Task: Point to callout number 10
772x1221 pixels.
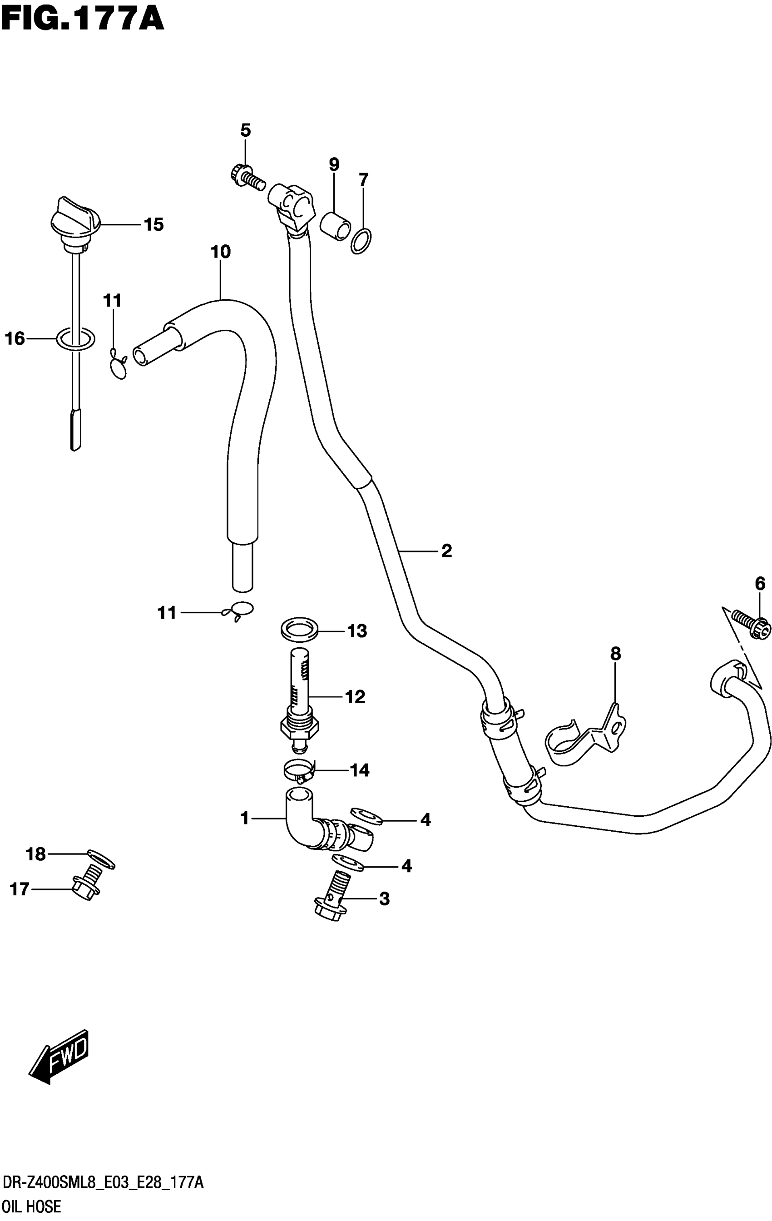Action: click(x=221, y=252)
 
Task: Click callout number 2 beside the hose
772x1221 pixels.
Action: click(x=446, y=550)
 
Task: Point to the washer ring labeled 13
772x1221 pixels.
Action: click(x=300, y=630)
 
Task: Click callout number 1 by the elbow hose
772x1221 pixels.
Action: click(x=245, y=818)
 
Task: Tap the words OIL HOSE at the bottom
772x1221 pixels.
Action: click(x=31, y=1206)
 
